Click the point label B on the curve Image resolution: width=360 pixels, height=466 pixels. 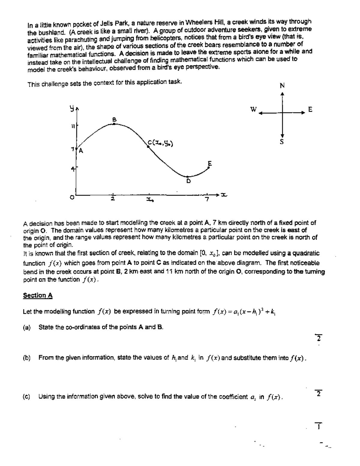click(114, 119)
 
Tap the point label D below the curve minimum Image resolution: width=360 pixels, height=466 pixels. click(189, 181)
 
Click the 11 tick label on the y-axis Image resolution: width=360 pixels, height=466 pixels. click(72, 126)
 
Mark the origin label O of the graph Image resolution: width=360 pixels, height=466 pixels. click(72, 197)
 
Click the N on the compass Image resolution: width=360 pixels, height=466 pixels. click(282, 86)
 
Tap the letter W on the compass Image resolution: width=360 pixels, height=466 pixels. click(254, 110)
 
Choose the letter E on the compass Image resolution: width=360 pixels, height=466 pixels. click(310, 110)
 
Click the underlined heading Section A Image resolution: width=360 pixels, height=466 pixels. click(38, 296)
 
